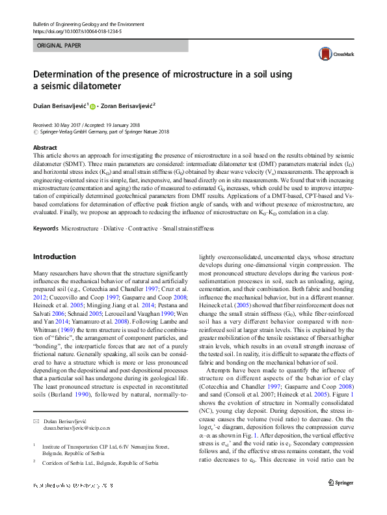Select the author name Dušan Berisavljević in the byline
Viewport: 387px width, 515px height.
pos(59,106)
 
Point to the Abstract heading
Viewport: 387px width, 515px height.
pos(45,148)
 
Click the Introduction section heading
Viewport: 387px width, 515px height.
pos(55,238)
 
